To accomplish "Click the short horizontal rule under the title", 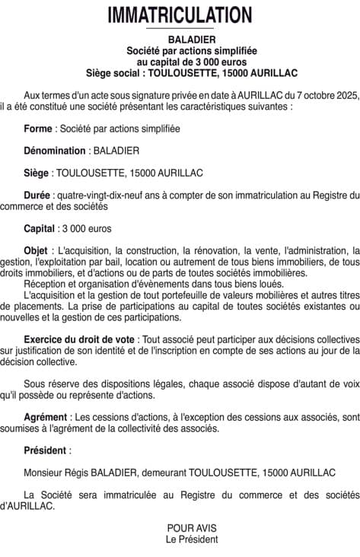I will coord(180,29).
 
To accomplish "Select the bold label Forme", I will coord(38,129).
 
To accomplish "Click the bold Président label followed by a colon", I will coord(46,450).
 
